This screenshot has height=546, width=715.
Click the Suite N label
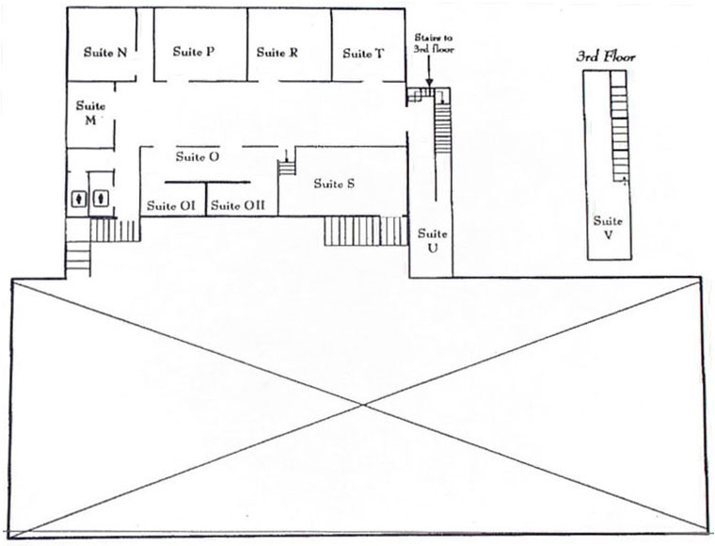tap(105, 53)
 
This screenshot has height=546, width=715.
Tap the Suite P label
tap(194, 51)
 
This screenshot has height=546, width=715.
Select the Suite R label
tap(278, 53)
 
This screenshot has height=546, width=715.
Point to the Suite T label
tap(363, 54)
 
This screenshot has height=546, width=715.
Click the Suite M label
tap(90, 113)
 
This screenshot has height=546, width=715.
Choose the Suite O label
tap(198, 157)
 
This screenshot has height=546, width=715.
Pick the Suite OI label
tap(171, 206)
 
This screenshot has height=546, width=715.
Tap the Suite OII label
tap(238, 206)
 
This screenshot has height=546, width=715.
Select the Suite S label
tap(334, 184)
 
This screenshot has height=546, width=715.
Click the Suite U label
tap(432, 241)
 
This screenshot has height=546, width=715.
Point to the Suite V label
tap(608, 228)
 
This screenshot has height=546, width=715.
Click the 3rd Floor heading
tap(606, 56)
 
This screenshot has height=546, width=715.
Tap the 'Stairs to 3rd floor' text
tap(434, 44)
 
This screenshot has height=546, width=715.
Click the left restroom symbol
tap(80, 199)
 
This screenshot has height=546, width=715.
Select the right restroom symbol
tap(101, 198)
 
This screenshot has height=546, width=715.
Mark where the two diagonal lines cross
tap(363, 404)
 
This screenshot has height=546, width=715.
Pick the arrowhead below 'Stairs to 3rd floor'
tap(429, 82)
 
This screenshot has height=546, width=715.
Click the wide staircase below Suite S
tap(365, 231)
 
